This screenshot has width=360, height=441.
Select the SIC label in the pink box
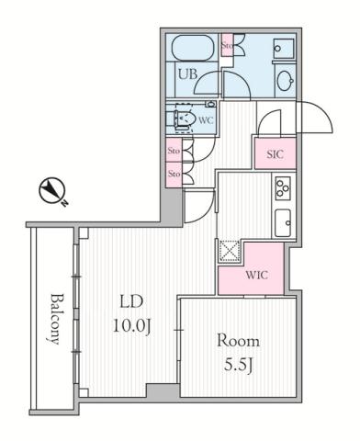(x=274, y=154)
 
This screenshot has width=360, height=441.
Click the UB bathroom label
(x=187, y=73)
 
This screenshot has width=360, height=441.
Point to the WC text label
(x=206, y=119)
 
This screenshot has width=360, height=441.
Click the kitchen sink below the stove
(x=283, y=221)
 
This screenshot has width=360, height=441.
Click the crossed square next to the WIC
(x=228, y=251)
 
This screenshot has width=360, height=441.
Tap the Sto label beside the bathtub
(x=227, y=43)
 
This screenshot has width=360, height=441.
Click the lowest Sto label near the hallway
(x=174, y=172)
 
